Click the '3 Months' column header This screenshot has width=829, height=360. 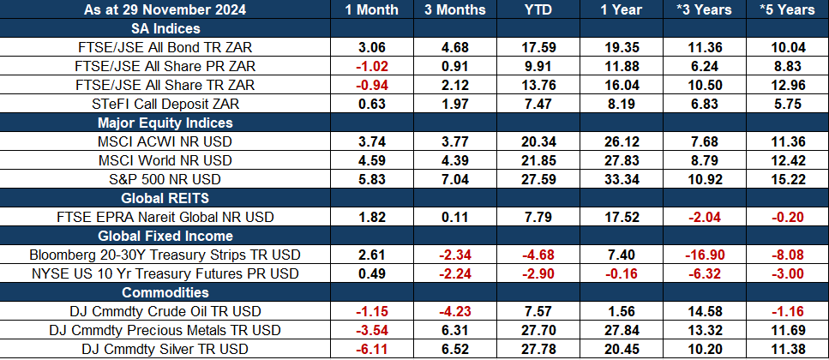point(454,9)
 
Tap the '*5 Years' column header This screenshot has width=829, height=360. point(787,9)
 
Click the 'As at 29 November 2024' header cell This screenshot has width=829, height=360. point(165,9)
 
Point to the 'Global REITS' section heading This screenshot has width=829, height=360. point(165,198)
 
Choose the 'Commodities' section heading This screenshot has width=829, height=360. point(165,292)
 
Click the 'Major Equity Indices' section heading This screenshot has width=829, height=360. point(165,123)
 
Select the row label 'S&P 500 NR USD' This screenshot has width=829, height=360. point(165,179)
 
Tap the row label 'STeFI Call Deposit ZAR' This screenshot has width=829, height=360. point(165,104)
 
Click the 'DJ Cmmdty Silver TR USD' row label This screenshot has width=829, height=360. point(165,349)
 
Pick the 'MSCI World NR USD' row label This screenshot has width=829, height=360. point(165,160)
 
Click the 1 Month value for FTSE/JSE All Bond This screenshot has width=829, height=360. point(371,47)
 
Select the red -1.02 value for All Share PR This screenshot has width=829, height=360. point(371,66)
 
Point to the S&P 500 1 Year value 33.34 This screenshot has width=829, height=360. point(622,179)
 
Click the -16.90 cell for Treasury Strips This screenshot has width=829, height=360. point(704,255)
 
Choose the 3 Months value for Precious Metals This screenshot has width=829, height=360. point(454,330)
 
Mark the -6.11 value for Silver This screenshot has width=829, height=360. point(371,349)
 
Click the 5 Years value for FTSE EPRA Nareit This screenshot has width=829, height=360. point(787,217)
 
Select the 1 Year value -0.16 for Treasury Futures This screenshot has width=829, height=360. point(622,273)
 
